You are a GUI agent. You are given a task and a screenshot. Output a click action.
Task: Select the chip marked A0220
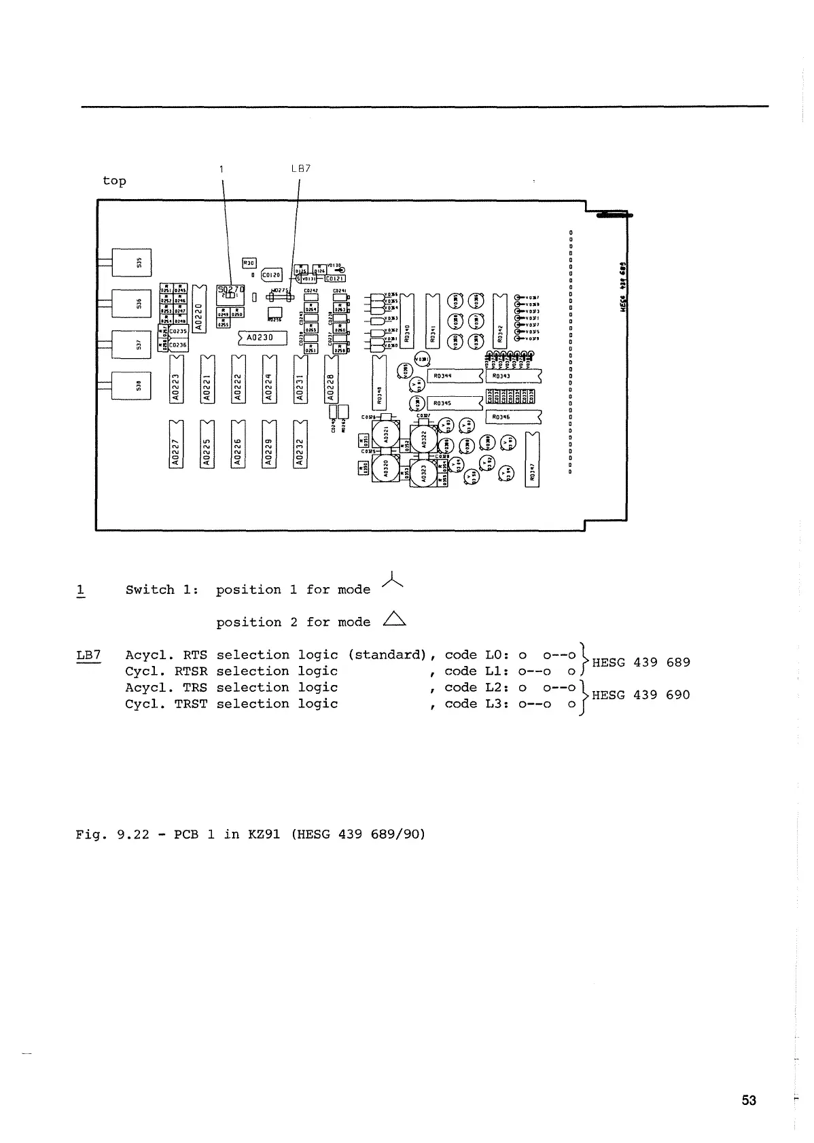coord(198,309)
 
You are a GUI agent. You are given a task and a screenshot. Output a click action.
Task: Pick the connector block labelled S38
coord(132,385)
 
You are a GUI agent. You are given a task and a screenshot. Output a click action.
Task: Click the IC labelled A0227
coord(175,444)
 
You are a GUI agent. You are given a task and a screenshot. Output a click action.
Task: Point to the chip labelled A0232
coord(300,444)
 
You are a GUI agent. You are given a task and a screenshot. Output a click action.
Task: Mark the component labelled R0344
coord(454,375)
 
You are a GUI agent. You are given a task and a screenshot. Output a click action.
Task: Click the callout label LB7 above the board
coord(300,169)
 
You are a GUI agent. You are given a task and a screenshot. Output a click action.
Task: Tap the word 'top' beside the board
coord(114,181)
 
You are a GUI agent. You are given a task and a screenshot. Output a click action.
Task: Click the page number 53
coord(749,1100)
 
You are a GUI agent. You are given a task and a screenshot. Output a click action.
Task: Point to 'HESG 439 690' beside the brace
coord(641,694)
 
